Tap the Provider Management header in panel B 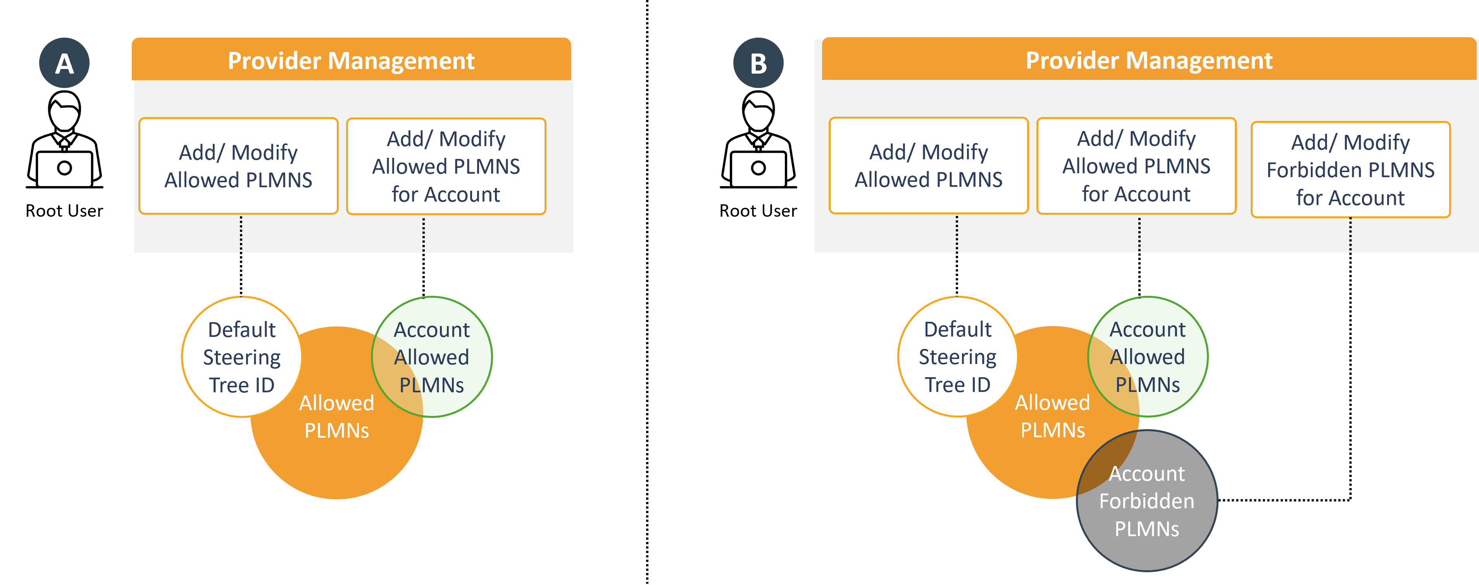[x=1148, y=60]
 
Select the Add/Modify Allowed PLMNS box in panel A [x=238, y=166]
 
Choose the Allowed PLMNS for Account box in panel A [x=446, y=166]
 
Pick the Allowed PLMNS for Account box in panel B [x=1136, y=166]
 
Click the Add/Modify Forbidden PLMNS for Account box [x=1350, y=169]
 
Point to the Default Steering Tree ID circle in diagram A [x=242, y=357]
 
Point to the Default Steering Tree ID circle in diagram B [x=958, y=357]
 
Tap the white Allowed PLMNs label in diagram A [x=336, y=417]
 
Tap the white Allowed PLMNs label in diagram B [x=1052, y=416]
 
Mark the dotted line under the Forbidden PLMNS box [x=1350, y=234]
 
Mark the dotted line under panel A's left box [x=241, y=234]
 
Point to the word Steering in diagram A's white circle [x=242, y=357]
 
